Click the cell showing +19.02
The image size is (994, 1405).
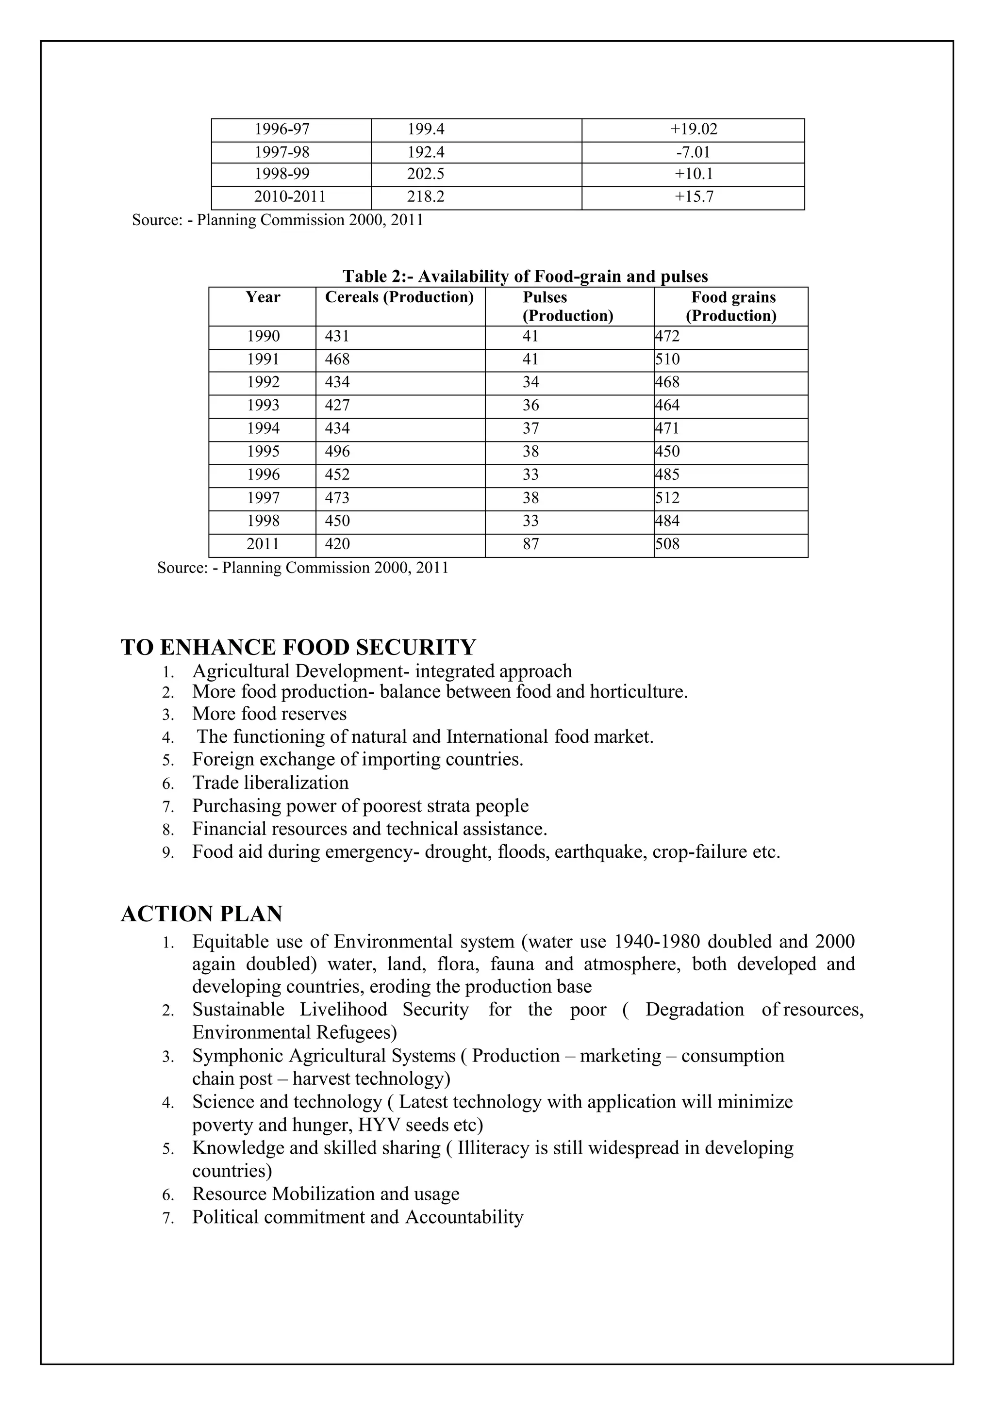[693, 130]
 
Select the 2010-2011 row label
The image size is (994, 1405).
[290, 197]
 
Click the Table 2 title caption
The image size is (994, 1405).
[525, 277]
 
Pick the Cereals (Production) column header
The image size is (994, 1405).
[399, 297]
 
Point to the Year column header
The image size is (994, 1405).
[263, 297]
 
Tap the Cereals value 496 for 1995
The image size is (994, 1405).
[337, 452]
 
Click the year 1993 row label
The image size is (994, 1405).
[263, 406]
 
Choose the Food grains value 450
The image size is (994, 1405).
[667, 452]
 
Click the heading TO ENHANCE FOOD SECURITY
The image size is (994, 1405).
[298, 647]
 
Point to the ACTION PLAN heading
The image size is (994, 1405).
[201, 914]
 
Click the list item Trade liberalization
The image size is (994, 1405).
[270, 783]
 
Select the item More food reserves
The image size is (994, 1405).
[269, 714]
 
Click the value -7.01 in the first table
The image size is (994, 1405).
[693, 152]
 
